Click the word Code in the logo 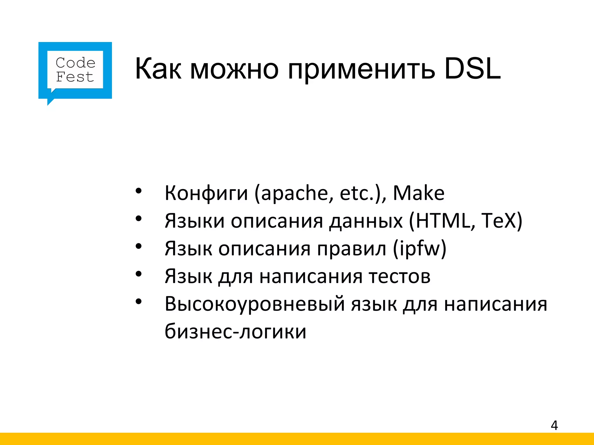tap(75, 63)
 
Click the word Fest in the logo tap(75, 77)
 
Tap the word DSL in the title tap(472, 69)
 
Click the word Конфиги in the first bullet tap(206, 193)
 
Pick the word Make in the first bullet tap(419, 193)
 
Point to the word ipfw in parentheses tap(419, 249)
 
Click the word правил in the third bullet tap(352, 249)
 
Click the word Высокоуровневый tap(255, 304)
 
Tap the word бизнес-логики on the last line tap(235, 331)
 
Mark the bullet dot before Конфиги tap(139, 191)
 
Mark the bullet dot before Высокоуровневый tap(139, 302)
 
